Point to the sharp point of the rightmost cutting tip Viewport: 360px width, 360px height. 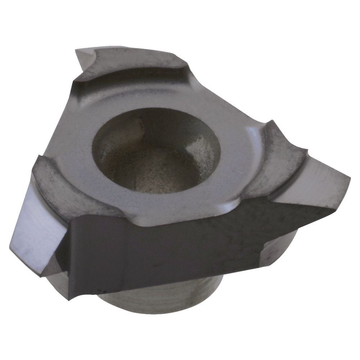350,176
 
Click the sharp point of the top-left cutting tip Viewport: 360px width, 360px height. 76,50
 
